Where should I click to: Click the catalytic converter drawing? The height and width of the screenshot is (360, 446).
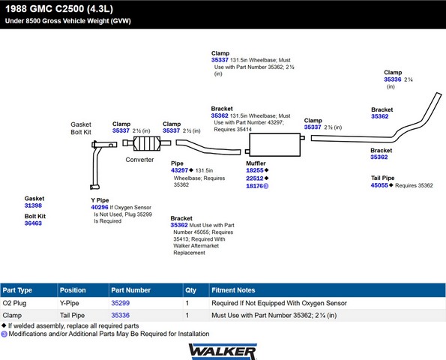click(147, 143)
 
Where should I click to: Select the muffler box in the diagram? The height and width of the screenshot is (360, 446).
click(275, 145)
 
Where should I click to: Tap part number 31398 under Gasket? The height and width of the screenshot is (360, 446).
click(33, 205)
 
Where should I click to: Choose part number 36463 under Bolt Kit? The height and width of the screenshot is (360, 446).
click(33, 223)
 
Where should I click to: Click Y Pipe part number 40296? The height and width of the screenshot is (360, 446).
click(100, 207)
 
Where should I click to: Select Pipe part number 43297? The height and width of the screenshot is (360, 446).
click(179, 170)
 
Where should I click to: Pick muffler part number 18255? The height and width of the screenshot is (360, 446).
click(255, 170)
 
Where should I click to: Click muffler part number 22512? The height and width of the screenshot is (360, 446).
click(255, 178)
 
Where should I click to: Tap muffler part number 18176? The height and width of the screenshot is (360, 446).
click(255, 186)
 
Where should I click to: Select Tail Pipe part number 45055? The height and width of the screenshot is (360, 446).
click(379, 185)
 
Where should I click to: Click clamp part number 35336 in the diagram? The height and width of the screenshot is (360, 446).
click(393, 79)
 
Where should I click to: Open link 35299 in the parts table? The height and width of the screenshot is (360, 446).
click(121, 303)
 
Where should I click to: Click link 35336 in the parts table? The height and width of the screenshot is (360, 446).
click(121, 315)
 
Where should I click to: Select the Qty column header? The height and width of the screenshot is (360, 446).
click(191, 290)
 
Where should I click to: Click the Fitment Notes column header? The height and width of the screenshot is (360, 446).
click(233, 290)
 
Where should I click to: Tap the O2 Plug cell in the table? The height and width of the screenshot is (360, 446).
click(14, 303)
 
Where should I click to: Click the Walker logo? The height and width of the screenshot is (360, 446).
click(223, 352)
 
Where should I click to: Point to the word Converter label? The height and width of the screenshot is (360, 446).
click(139, 160)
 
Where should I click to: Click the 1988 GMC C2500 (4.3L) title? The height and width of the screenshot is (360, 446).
click(59, 9)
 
